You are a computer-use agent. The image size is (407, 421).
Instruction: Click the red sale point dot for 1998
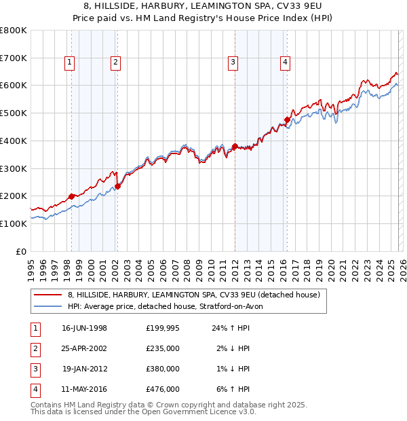pyautogui.click(x=72, y=196)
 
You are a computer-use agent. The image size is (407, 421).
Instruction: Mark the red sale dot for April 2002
pyautogui.click(x=117, y=186)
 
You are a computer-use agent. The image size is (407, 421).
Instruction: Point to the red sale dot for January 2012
pyautogui.click(x=235, y=146)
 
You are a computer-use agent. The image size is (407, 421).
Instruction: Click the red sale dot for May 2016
pyautogui.click(x=287, y=120)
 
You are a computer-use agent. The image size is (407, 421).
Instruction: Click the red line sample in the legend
pyautogui.click(x=48, y=295)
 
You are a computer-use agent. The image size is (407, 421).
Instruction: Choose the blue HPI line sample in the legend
pyautogui.click(x=48, y=307)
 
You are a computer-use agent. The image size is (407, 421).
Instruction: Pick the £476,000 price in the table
pyautogui.click(x=163, y=389)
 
